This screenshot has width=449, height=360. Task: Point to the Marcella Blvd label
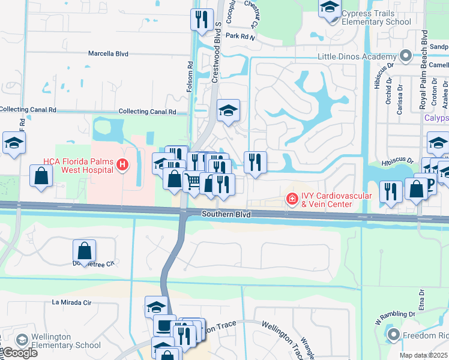[x=109, y=53]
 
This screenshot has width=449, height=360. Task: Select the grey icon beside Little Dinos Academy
[x=406, y=57]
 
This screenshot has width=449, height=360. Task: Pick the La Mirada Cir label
[x=72, y=302]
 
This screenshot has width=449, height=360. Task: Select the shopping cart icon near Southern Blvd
[x=192, y=181]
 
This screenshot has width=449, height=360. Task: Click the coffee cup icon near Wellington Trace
[x=164, y=326]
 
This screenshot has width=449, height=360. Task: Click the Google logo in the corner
[x=20, y=352]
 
